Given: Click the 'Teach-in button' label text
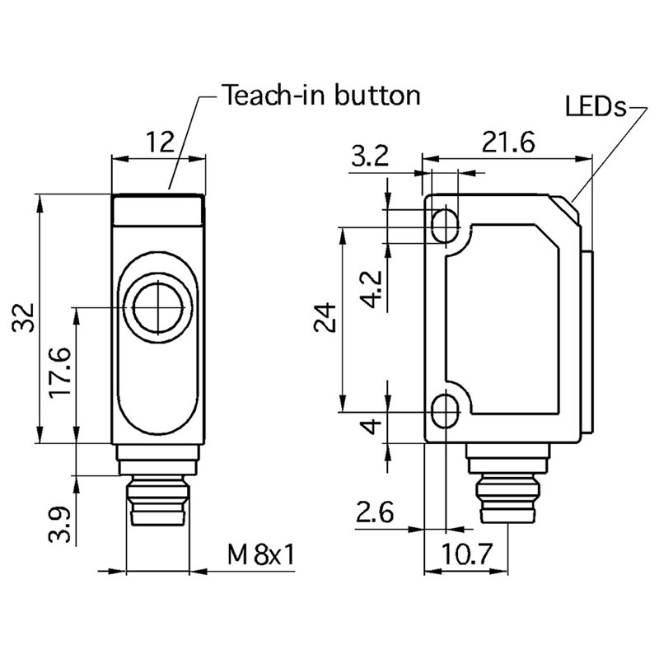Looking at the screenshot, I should coord(321,96).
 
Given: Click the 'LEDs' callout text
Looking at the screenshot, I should coord(596,107).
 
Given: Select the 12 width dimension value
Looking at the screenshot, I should coord(160,143).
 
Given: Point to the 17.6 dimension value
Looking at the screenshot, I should coord(60,374).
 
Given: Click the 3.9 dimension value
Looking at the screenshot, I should coord(60,525).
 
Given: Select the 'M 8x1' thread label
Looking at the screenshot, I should coord(262,555).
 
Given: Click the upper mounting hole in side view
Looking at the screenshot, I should coord(445,222).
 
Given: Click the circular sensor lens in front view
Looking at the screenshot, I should coord(156,308).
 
